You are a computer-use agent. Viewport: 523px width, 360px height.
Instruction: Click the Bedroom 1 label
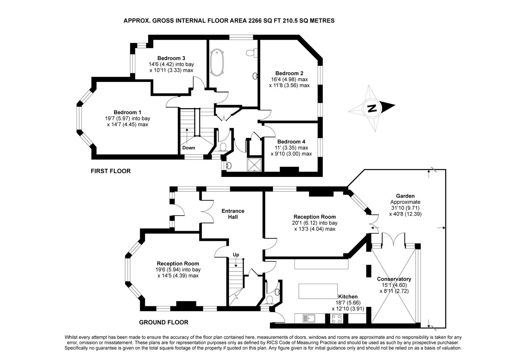tap(127, 112)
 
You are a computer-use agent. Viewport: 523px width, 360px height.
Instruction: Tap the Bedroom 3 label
tap(171, 58)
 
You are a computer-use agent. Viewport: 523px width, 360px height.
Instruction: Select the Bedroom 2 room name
tap(289, 73)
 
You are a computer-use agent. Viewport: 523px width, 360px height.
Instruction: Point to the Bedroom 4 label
tap(291, 142)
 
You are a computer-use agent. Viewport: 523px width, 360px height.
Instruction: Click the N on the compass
tap(372, 108)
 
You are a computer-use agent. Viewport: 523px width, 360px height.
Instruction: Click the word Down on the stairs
tap(189, 148)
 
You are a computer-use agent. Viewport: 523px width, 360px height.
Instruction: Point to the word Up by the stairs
tap(236, 255)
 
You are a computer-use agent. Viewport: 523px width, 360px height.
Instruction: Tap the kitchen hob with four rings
tap(337, 318)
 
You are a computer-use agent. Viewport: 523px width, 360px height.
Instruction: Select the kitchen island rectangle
tap(318, 291)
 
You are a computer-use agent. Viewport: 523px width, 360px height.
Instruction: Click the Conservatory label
tap(394, 279)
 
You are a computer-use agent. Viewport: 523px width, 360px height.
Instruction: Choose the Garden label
tap(405, 196)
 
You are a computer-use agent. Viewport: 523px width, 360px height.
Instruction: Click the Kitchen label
tap(348, 297)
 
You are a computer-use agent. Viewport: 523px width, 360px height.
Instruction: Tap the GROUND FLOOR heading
tap(164, 322)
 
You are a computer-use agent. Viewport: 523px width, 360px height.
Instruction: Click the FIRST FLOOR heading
tap(111, 171)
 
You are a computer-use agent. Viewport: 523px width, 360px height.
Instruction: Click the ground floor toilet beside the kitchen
tap(270, 300)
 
